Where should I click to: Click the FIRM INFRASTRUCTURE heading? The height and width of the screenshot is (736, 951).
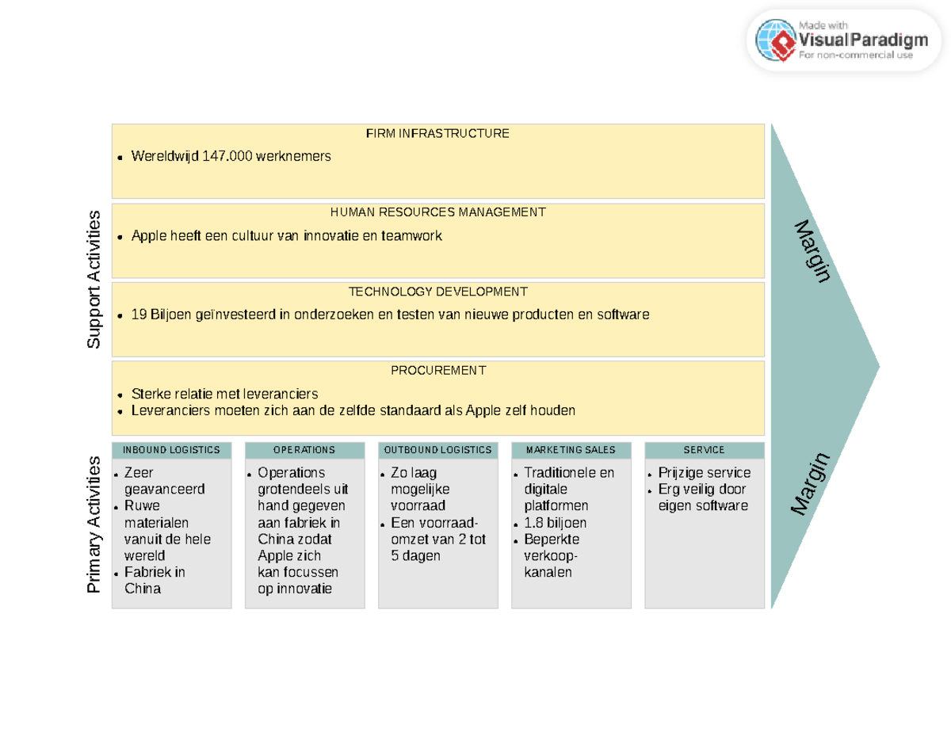click(437, 133)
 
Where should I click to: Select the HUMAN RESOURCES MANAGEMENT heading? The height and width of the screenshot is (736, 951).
click(437, 212)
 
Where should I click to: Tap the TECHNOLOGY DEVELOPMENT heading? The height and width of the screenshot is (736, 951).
click(437, 292)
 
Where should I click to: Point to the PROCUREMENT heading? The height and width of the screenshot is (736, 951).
click(437, 370)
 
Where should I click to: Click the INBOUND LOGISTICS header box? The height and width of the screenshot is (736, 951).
click(172, 450)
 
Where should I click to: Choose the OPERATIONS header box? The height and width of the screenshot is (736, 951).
click(304, 450)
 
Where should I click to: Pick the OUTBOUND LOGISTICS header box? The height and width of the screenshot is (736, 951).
click(437, 450)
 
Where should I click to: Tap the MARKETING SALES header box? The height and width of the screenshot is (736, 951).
click(571, 450)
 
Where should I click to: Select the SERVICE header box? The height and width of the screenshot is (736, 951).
click(704, 450)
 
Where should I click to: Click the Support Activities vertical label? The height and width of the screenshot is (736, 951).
click(94, 279)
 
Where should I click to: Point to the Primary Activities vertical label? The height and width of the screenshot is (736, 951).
click(94, 524)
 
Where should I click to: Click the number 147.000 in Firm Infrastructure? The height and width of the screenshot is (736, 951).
click(228, 157)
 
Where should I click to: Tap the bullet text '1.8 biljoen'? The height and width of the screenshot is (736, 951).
click(555, 523)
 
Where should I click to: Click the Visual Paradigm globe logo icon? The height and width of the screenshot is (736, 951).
click(774, 40)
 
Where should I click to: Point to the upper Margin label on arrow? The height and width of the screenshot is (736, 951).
click(812, 250)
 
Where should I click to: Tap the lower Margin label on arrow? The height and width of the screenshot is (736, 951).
click(812, 483)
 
